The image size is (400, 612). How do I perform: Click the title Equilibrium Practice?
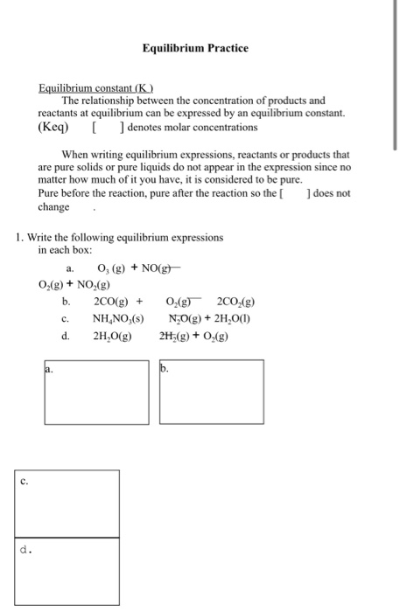(x=195, y=48)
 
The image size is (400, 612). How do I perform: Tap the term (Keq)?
(x=54, y=128)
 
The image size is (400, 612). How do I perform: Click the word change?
(x=54, y=207)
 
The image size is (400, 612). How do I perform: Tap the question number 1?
(x=19, y=237)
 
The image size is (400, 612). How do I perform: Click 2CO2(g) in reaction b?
(x=235, y=301)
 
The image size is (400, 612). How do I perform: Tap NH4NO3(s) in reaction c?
(x=118, y=317)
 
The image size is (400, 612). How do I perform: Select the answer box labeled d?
(x=67, y=573)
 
